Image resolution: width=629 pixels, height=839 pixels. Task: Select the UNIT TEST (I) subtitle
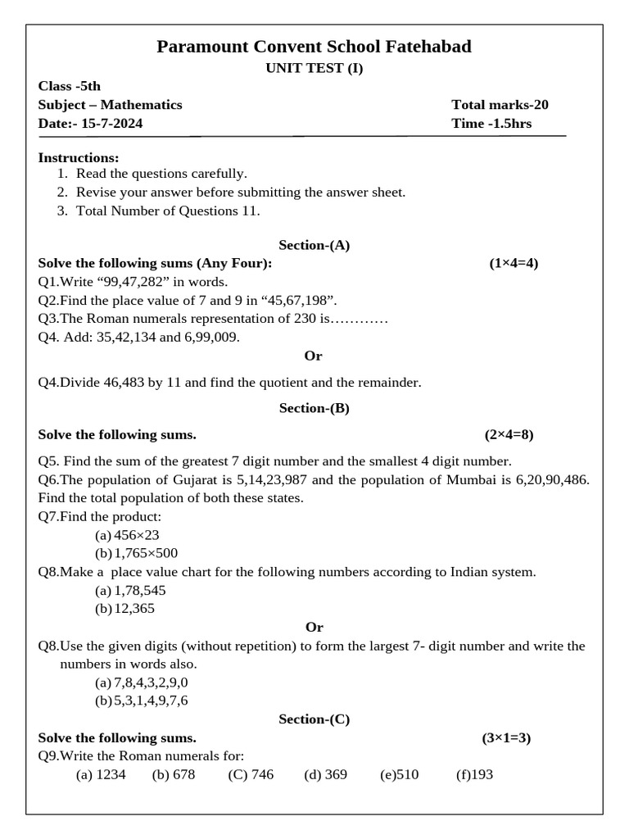314,69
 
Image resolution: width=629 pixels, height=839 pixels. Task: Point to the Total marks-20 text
500,105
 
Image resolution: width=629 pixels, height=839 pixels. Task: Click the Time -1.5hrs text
491,124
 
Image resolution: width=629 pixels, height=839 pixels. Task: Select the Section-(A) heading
314,245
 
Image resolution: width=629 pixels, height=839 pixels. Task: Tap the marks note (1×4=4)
514,264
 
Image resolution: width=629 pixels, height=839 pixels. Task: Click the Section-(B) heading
314,408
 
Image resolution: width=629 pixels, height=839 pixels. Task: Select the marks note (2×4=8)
509,435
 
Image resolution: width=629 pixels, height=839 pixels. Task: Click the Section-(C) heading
314,719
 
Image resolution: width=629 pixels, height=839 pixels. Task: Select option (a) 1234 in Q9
101,775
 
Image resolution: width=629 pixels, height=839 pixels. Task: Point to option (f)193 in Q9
474,775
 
